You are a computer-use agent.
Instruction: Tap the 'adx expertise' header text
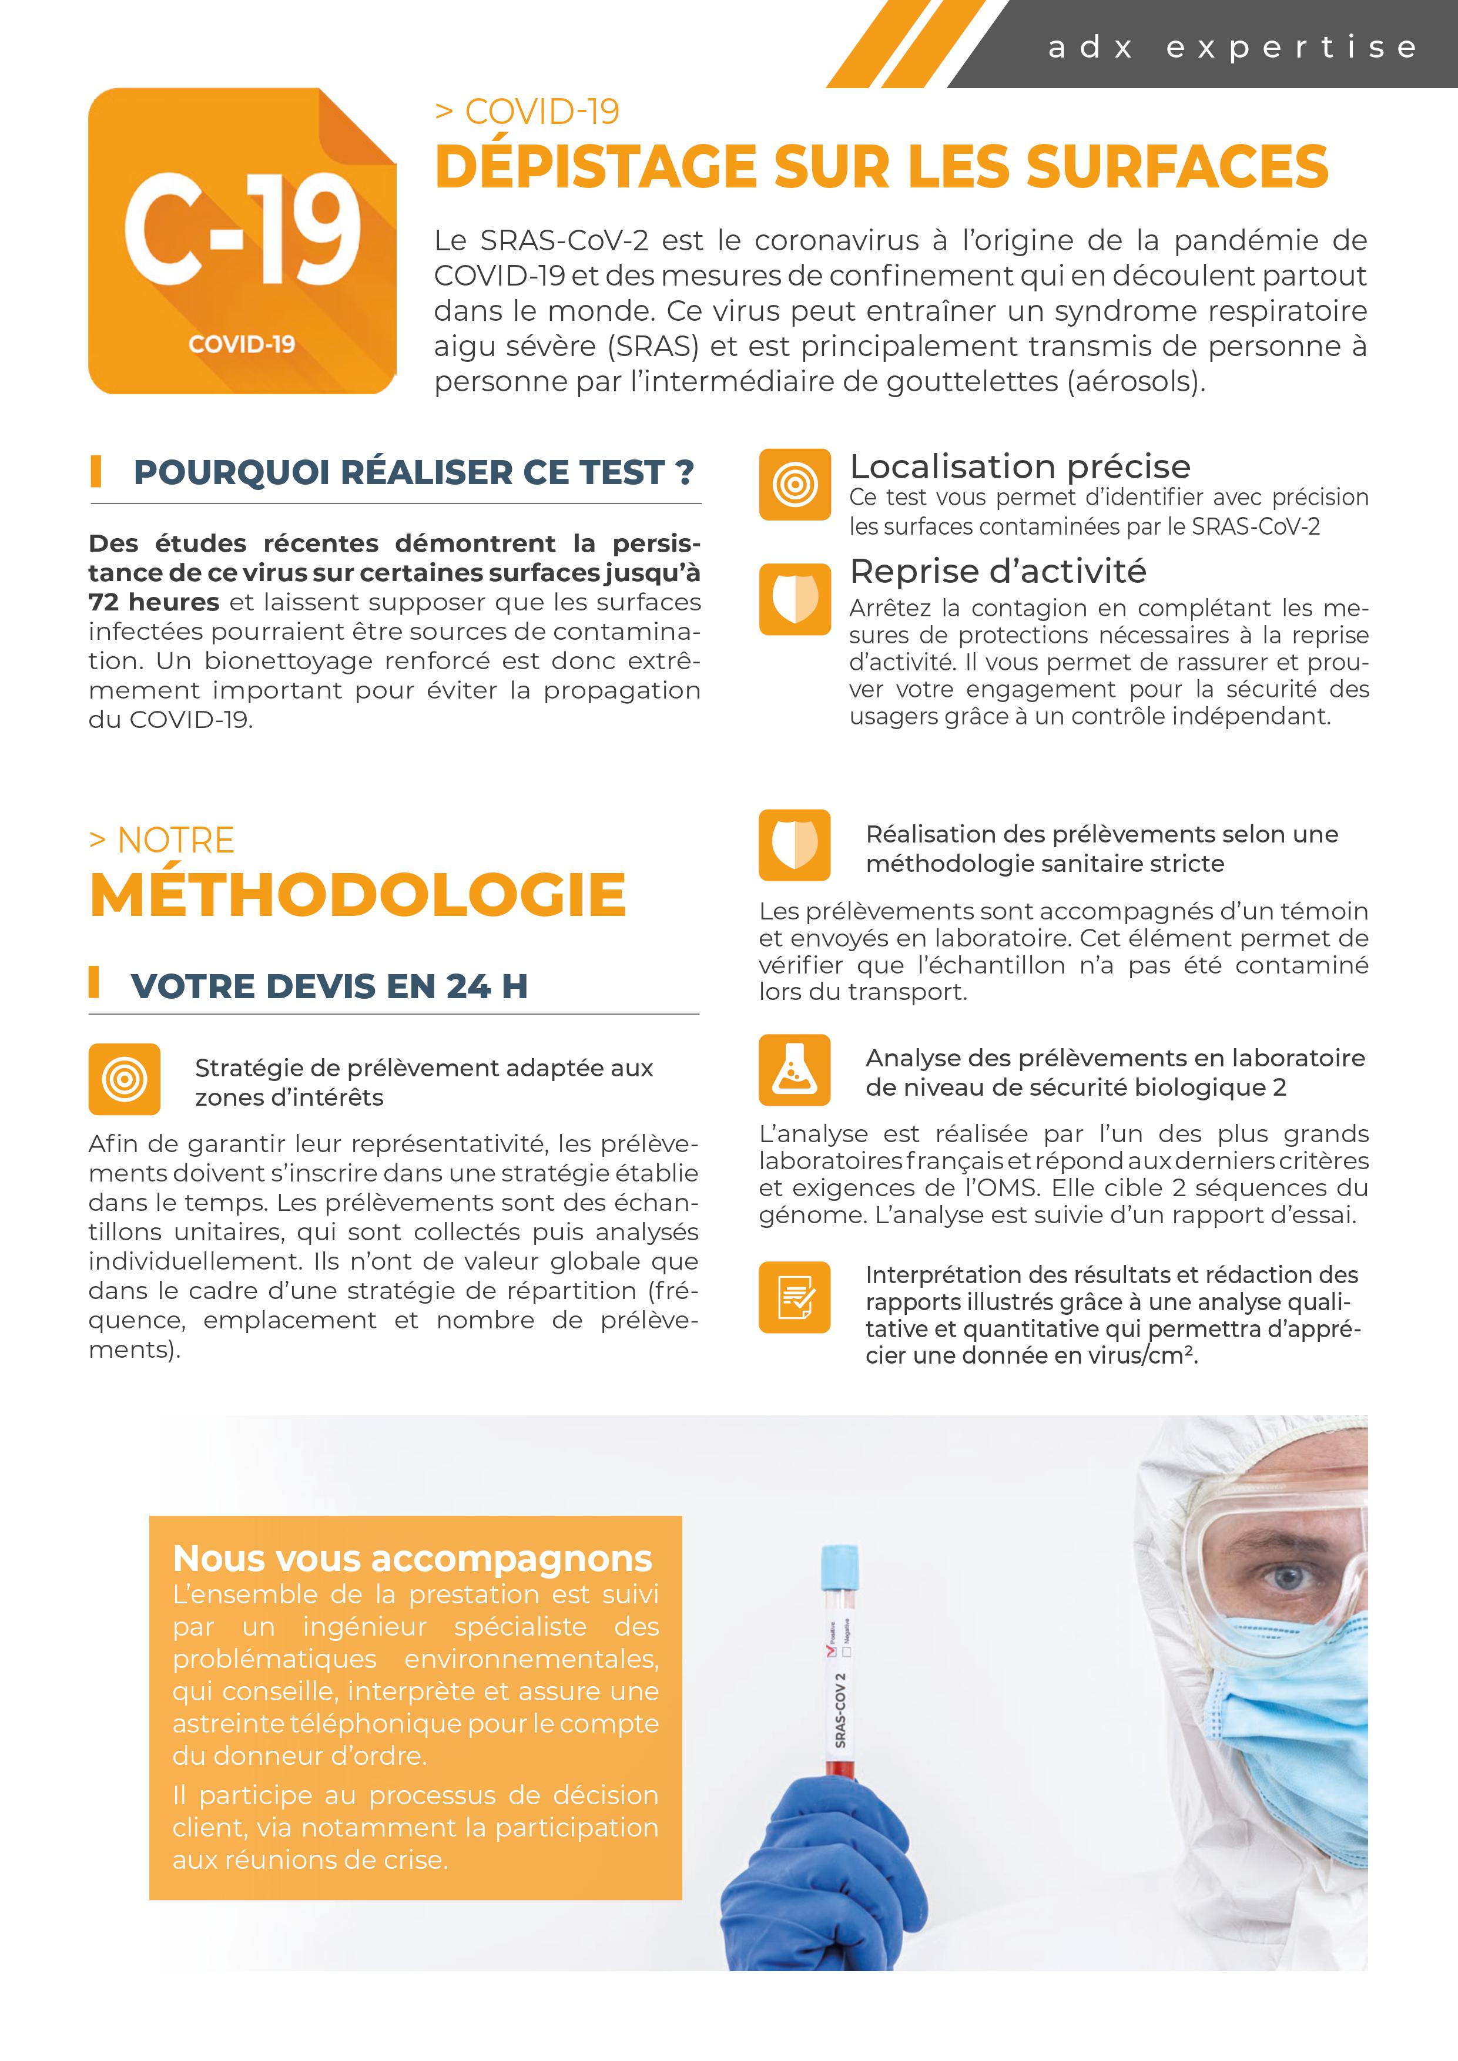[x=1232, y=46]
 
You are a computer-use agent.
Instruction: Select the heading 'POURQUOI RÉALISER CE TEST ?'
[x=414, y=472]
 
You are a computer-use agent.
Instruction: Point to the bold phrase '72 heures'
[x=153, y=602]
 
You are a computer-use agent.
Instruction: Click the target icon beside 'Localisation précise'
[x=795, y=485]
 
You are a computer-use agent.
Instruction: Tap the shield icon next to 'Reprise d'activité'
[x=795, y=599]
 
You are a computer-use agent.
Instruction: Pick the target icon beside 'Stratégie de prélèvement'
[x=125, y=1079]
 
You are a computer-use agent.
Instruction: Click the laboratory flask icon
[x=795, y=1070]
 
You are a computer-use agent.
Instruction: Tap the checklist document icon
[x=795, y=1297]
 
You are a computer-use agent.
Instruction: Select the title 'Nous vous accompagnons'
[x=412, y=1559]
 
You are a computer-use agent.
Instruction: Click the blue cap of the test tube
[x=840, y=1566]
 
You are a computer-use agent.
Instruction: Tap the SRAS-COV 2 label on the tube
[x=840, y=1710]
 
